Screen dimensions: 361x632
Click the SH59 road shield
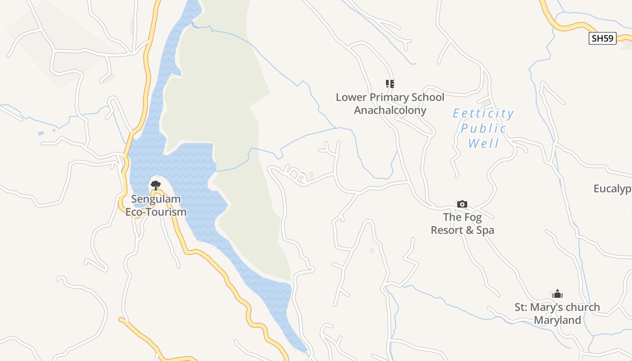[x=603, y=38]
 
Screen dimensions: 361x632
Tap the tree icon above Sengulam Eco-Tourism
[x=156, y=185]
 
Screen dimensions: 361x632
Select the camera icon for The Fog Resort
[x=462, y=204]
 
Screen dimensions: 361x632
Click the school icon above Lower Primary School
[x=390, y=83]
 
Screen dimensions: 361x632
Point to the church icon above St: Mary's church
[x=558, y=294]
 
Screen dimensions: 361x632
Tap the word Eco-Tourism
[x=156, y=212]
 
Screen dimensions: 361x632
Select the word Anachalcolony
[x=390, y=110]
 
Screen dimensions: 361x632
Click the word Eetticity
[x=483, y=113]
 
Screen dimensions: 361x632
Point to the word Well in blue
[x=483, y=144]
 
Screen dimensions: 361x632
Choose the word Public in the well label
[x=483, y=129]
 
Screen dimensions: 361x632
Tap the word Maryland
[x=558, y=320]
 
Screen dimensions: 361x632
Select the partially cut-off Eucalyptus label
[x=613, y=189]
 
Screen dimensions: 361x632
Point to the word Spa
[x=485, y=230]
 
